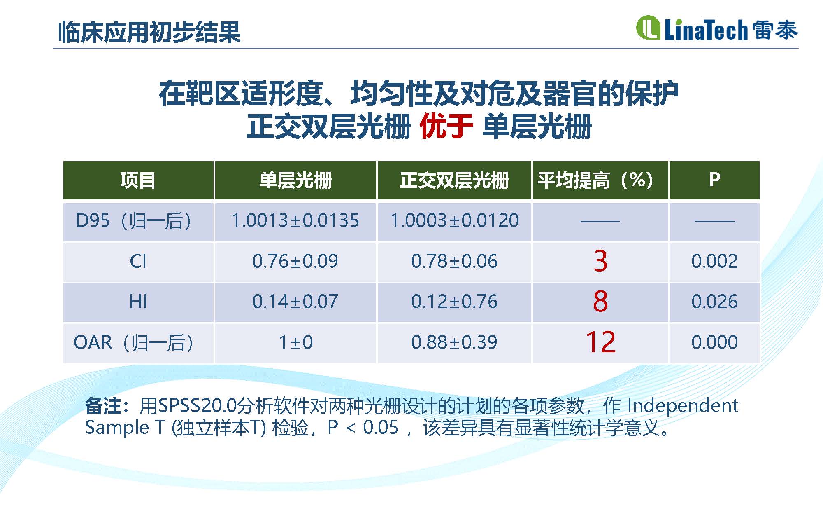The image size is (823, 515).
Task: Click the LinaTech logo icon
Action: [648, 28]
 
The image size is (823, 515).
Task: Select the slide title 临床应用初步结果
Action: [149, 32]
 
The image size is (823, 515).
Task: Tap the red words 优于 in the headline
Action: [446, 126]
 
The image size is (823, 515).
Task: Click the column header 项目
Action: [138, 180]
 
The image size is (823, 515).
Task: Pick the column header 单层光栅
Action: [295, 180]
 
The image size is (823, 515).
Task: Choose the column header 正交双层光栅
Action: [454, 180]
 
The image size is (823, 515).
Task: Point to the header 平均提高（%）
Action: [595, 180]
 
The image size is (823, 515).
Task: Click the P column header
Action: [715, 180]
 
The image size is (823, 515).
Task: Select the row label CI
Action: [138, 261]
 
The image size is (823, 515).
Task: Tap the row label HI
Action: [138, 302]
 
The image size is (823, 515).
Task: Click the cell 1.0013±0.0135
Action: [295, 220]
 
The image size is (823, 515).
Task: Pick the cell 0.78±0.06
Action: [454, 261]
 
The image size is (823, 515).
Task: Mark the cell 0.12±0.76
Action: [454, 302]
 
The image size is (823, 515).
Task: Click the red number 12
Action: [600, 342]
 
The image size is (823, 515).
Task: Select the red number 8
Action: [600, 301]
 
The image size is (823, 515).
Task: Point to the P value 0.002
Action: [715, 261]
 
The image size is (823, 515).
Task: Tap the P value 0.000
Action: [715, 342]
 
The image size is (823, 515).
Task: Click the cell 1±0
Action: [295, 342]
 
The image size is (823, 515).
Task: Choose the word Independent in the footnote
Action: [683, 406]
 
